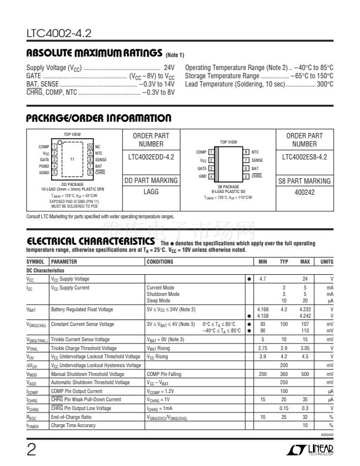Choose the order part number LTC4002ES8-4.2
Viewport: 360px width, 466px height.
coord(304,157)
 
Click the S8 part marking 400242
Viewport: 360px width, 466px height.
coord(304,192)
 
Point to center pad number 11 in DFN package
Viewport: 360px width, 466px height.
coord(72,159)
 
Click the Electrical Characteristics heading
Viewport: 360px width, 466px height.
coord(83,257)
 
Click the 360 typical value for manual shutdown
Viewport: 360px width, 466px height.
coord(284,374)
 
